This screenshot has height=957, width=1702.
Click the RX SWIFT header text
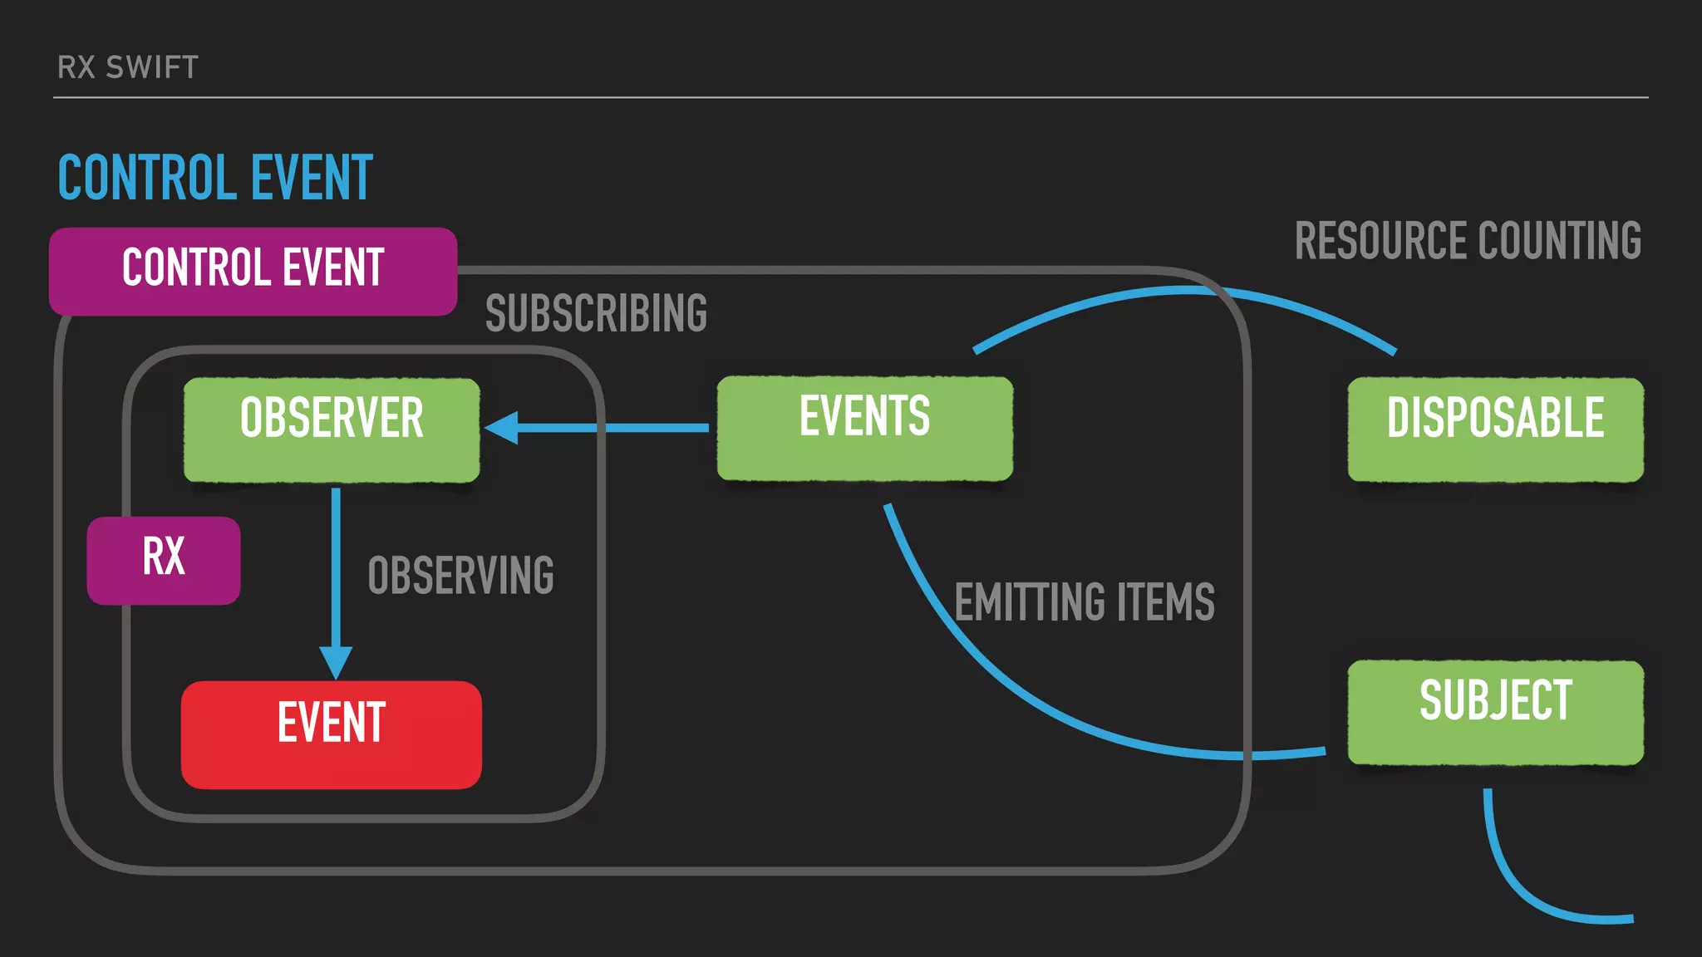click(x=128, y=67)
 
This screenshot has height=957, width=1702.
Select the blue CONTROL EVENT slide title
click(x=215, y=178)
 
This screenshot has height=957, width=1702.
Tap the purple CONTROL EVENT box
click(x=253, y=271)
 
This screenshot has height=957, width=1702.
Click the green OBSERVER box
click(x=332, y=429)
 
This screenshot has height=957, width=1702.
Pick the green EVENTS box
click(x=864, y=428)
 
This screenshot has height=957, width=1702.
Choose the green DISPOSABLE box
click(x=1495, y=429)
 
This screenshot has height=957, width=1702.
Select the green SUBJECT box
click(x=1495, y=712)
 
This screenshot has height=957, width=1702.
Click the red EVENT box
click(x=331, y=734)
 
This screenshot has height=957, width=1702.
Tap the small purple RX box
click(x=164, y=560)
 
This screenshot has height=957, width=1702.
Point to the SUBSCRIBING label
click(x=596, y=314)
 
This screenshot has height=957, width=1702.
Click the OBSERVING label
click(x=460, y=576)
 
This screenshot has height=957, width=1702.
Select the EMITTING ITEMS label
click(x=1084, y=602)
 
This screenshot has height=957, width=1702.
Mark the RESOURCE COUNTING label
click(x=1468, y=241)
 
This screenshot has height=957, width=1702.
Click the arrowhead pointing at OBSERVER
click(x=502, y=428)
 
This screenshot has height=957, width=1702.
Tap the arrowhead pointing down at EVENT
click(x=336, y=663)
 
